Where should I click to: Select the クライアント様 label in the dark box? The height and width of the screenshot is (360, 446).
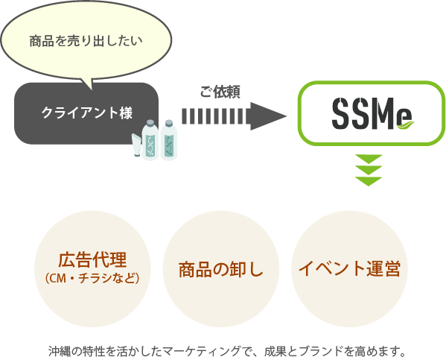click(86, 113)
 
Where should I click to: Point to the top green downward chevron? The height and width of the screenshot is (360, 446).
click(369, 159)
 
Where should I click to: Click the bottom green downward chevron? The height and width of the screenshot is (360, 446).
click(369, 180)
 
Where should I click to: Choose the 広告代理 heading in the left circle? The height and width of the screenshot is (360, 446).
click(92, 260)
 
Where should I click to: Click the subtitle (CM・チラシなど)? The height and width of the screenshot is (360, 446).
click(92, 279)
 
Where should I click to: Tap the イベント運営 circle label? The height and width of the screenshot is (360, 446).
click(349, 268)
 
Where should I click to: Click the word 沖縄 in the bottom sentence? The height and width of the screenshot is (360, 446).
click(57, 349)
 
